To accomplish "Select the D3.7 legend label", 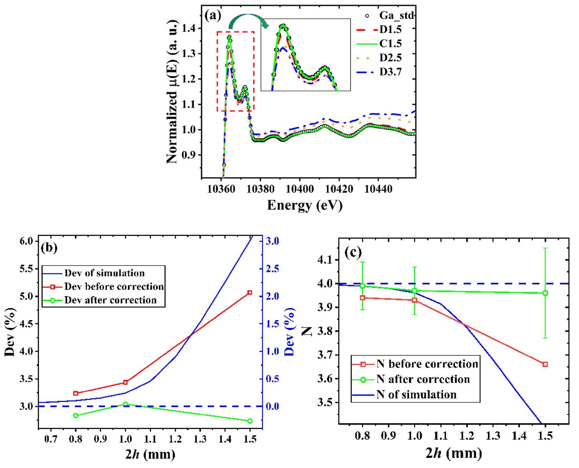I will click(x=390, y=72).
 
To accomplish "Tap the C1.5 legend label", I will click(x=390, y=44).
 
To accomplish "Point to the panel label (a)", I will click(x=213, y=15).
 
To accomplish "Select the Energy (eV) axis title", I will click(x=305, y=206).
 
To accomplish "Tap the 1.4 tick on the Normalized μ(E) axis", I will click(x=190, y=28).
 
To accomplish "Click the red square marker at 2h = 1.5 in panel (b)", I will click(x=250, y=293).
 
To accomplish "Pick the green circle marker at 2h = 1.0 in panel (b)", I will click(x=125, y=404).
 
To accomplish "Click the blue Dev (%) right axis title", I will click(x=290, y=332).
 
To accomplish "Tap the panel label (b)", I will click(x=49, y=248).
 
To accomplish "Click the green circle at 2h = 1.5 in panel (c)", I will click(x=545, y=293).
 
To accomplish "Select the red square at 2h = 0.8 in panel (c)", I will click(x=363, y=298).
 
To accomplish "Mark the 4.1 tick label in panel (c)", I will click(x=325, y=260).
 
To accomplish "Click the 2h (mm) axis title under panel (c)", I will click(x=454, y=453).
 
